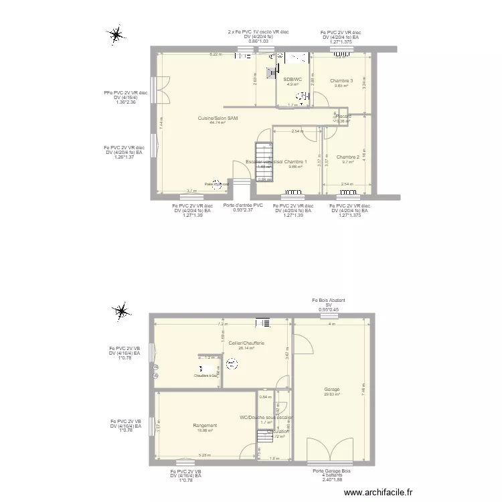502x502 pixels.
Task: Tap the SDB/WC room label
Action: (293, 80)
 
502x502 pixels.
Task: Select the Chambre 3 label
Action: (341, 81)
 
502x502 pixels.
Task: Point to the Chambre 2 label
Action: (348, 157)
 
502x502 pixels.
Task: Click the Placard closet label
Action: (343, 116)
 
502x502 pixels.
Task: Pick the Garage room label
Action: (331, 389)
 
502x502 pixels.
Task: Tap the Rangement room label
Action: (204, 426)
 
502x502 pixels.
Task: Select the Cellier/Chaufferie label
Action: (246, 343)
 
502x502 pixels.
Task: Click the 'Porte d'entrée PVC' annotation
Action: (243, 205)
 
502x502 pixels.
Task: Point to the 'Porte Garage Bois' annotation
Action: (332, 471)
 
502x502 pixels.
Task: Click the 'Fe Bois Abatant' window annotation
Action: (328, 301)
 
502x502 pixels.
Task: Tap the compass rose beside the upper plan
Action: (116, 34)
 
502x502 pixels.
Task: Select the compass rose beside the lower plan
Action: (121, 311)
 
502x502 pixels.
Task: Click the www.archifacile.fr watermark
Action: (379, 492)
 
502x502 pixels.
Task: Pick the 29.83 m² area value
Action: (331, 394)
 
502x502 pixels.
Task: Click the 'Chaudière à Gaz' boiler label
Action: (205, 375)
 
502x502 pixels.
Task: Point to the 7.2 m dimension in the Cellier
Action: (220, 325)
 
